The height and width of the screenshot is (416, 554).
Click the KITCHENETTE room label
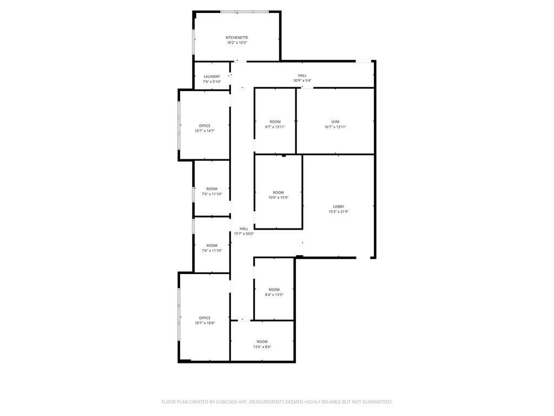[x=237, y=37]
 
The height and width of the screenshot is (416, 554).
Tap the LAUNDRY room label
[x=212, y=76]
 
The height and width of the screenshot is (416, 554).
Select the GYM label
[x=335, y=121]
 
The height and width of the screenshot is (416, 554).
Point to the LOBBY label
[x=339, y=206]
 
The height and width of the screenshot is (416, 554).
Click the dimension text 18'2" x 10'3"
[x=237, y=43]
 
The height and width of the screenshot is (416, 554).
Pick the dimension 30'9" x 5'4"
[x=302, y=81]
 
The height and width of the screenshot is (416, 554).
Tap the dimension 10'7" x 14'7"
[x=205, y=131]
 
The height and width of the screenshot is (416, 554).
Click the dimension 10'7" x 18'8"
[x=205, y=323]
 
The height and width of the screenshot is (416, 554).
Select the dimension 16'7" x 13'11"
[x=335, y=127]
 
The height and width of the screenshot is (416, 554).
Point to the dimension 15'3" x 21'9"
[x=339, y=212]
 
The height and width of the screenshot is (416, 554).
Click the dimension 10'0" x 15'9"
[x=278, y=198]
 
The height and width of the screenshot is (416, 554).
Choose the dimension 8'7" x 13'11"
[x=275, y=127]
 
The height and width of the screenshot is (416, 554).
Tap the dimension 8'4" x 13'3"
[x=274, y=295]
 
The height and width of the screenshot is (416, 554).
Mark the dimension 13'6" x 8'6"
[x=262, y=347]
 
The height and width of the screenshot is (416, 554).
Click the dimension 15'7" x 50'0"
[x=244, y=233]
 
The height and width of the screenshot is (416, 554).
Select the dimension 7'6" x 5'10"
[x=212, y=82]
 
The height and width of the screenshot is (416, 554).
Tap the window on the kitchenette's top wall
[x=245, y=11]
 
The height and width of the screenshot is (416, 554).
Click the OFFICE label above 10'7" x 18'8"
[x=205, y=318]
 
